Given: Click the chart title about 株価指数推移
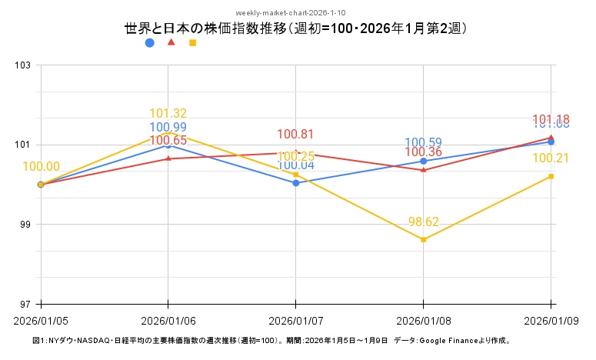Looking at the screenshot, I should pyautogui.click(x=296, y=28).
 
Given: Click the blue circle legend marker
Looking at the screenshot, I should pyautogui.click(x=149, y=43).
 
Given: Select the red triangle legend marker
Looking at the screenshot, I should pyautogui.click(x=171, y=42).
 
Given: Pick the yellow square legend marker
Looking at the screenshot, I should pyautogui.click(x=192, y=43).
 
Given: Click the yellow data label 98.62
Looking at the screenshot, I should pyautogui.click(x=424, y=222).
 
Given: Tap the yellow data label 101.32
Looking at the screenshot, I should pyautogui.click(x=168, y=114).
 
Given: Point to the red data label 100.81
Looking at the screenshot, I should pyautogui.click(x=296, y=134).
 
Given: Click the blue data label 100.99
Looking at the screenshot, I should pyautogui.click(x=168, y=128).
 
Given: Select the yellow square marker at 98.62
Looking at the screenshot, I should pyautogui.click(x=424, y=240).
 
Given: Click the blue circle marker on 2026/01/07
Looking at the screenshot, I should pyautogui.click(x=296, y=183).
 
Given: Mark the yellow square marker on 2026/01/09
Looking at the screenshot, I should pyautogui.click(x=551, y=177).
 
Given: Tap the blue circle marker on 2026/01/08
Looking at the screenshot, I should pyautogui.click(x=424, y=162).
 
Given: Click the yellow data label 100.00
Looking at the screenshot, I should pyautogui.click(x=42, y=167).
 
